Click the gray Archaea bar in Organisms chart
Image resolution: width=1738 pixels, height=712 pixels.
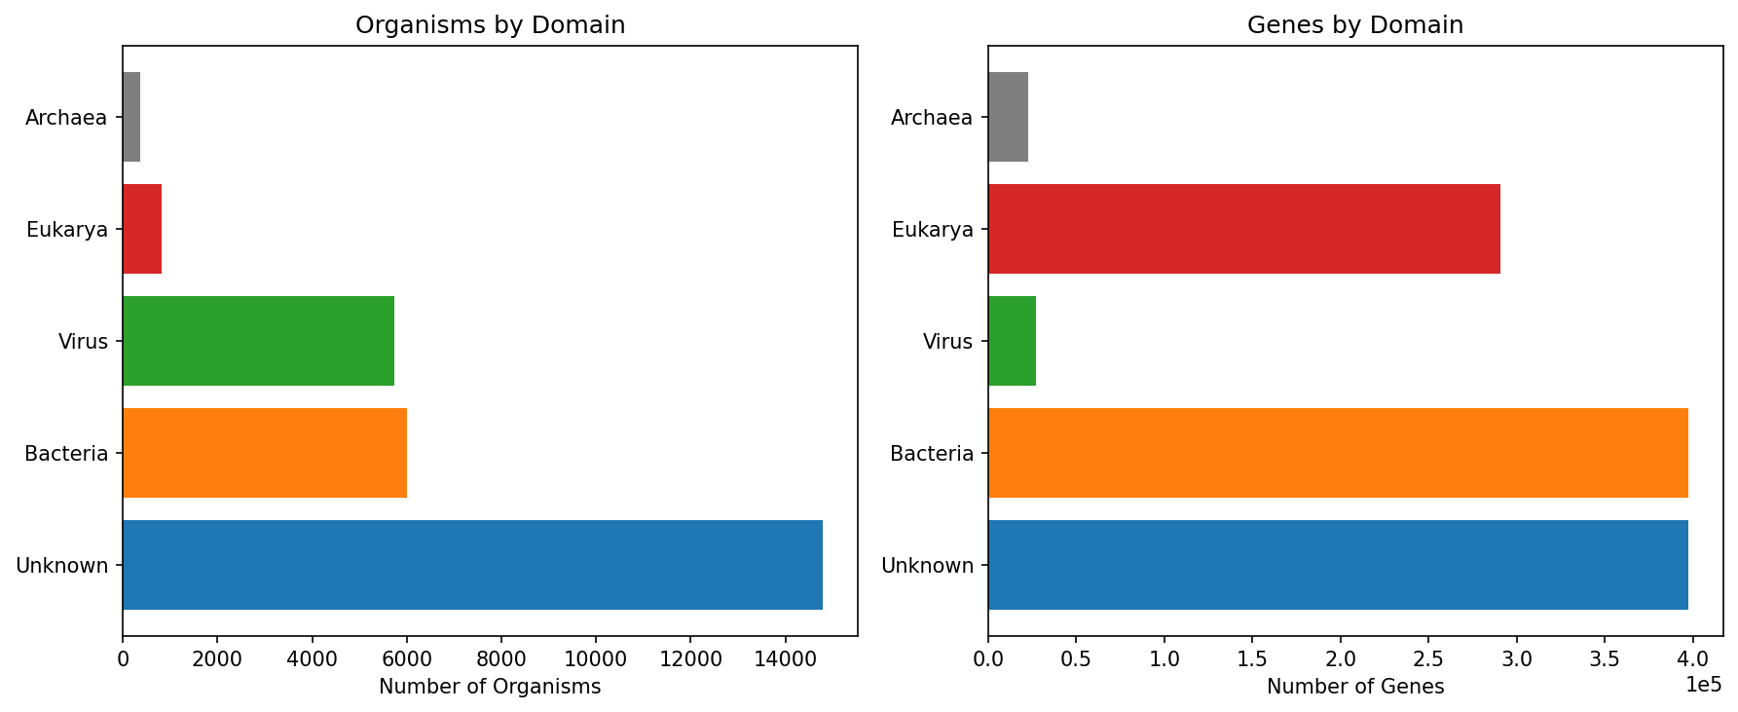pyautogui.click(x=131, y=117)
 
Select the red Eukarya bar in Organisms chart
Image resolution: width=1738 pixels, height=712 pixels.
pyautogui.click(x=142, y=229)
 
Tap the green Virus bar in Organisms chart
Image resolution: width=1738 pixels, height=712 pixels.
pyautogui.click(x=258, y=341)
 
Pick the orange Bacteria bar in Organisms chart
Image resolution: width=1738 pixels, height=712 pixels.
pyautogui.click(x=265, y=453)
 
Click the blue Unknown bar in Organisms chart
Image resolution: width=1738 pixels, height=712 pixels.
pyautogui.click(x=472, y=565)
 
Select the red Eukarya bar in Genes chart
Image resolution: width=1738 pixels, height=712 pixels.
pyautogui.click(x=1243, y=229)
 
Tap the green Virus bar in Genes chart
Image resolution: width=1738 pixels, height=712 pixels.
pyautogui.click(x=1012, y=341)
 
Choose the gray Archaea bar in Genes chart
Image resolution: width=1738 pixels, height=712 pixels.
pyautogui.click(x=1008, y=117)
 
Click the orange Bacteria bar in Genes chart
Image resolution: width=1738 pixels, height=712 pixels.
pyautogui.click(x=1338, y=453)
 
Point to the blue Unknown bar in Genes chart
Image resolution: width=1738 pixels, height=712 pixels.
pyautogui.click(x=1338, y=565)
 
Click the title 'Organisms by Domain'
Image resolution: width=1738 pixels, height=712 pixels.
pyautogui.click(x=490, y=25)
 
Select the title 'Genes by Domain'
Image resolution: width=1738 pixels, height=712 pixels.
pyautogui.click(x=1355, y=25)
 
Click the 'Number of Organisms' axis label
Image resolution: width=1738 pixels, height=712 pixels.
pyautogui.click(x=490, y=687)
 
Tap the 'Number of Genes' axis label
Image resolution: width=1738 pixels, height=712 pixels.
pyautogui.click(x=1355, y=687)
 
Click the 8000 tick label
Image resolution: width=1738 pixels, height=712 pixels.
pyautogui.click(x=501, y=658)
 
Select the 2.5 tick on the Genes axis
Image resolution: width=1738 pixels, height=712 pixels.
pyautogui.click(x=1428, y=658)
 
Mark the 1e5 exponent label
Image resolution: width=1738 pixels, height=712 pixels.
pyautogui.click(x=1703, y=685)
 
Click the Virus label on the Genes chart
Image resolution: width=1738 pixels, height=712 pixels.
pyautogui.click(x=947, y=342)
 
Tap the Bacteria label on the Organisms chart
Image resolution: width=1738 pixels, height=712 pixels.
pyautogui.click(x=66, y=454)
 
